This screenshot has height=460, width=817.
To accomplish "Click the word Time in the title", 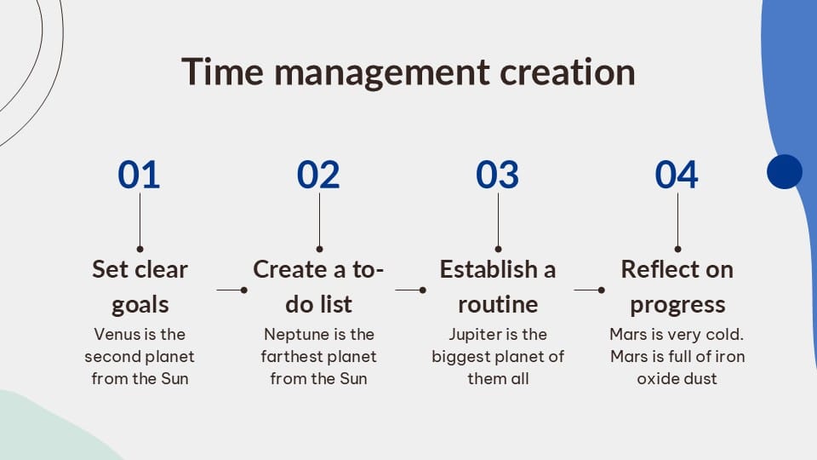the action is click(222, 72).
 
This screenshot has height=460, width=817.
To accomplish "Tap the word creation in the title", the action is click(568, 72).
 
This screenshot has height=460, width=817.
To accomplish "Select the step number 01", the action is click(139, 174).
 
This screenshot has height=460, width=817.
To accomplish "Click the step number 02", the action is click(318, 174).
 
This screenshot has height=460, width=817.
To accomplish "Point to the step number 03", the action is click(498, 174).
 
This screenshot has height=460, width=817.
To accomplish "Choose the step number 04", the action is click(677, 174).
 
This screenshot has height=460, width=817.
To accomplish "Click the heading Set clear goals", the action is click(140, 287).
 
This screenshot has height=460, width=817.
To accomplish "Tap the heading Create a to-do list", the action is click(318, 287).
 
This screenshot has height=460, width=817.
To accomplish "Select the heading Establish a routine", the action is click(498, 287).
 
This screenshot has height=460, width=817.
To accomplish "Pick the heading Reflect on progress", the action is click(677, 287).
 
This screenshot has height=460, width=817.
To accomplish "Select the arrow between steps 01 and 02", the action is click(231, 290).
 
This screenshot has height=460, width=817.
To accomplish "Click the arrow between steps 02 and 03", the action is click(410, 290).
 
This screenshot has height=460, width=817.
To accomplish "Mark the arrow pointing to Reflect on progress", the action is click(589, 290).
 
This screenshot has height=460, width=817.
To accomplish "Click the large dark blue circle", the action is click(785, 171).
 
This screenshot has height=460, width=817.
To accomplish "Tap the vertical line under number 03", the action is click(498, 222).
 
